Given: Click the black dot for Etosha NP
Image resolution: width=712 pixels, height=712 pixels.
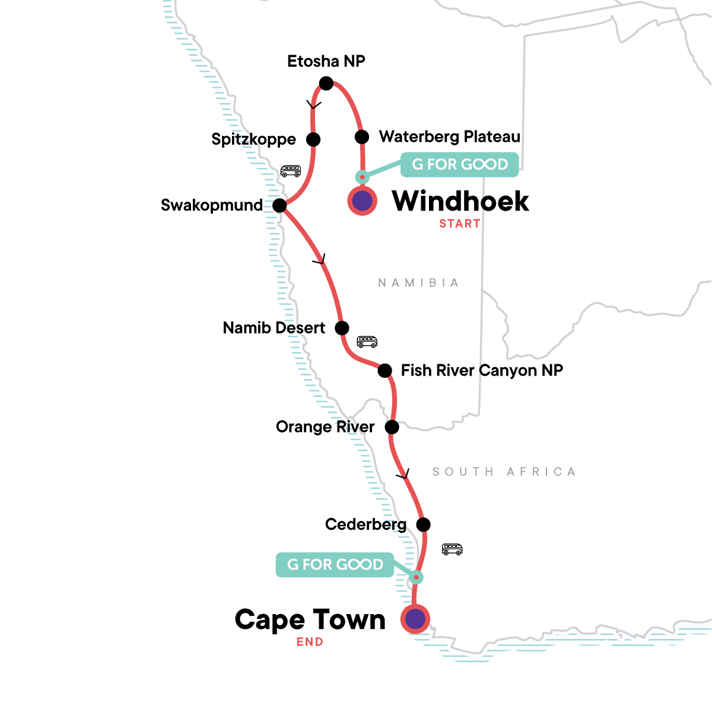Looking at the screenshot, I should pos(326,84).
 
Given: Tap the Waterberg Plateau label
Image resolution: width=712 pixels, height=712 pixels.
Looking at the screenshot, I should pos(450,137).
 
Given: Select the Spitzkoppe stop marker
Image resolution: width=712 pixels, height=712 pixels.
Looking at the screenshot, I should pos(313,139).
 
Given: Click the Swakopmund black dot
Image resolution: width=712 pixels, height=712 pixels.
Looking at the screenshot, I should pos(280,206).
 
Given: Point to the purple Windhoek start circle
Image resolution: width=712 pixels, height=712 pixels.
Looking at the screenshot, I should pos(362,201).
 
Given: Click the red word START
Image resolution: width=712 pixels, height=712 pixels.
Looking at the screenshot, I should pos(460,224).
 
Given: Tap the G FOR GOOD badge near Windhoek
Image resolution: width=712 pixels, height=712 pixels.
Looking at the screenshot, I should pos(460,164).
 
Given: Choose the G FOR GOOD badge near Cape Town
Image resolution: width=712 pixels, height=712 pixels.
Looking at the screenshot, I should pos(335,565).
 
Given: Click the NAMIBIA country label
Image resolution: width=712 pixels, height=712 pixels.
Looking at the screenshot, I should pos(419,283).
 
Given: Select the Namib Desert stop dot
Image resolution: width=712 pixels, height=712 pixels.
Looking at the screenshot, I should pos(342,328).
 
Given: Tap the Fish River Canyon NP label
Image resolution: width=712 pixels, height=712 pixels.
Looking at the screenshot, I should pos(482,370).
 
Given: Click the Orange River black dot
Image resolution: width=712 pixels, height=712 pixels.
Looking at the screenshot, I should pos(392,427).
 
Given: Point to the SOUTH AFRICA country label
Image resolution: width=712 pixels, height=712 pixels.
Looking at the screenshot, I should pos(504,472).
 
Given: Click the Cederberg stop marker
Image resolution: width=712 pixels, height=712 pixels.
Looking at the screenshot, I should pos(423,525).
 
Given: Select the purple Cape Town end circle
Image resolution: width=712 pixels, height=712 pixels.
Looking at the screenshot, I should pos(415,619).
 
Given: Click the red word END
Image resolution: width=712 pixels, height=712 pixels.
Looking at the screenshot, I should pos(310,642).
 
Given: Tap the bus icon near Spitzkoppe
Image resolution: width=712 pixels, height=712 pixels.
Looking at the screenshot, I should pos(291,171).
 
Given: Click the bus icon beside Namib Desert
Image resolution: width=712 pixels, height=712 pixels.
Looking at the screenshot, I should pos(367,342).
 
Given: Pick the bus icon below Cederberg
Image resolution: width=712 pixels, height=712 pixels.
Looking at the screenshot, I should pos(452,549).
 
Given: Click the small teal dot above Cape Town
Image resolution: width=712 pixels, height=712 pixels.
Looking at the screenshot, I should pos(417,577).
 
